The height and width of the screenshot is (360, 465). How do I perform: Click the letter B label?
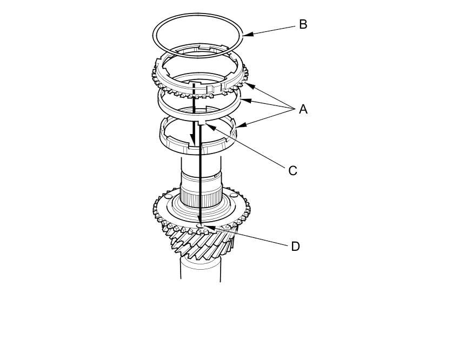(x=303, y=25)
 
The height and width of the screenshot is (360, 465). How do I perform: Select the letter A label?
(x=303, y=109)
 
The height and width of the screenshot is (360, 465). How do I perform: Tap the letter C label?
(x=293, y=171)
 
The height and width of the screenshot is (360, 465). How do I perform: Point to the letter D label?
(x=295, y=246)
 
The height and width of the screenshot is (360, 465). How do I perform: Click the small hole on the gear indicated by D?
(x=201, y=226)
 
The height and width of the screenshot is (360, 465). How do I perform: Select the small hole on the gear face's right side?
(x=233, y=195)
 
